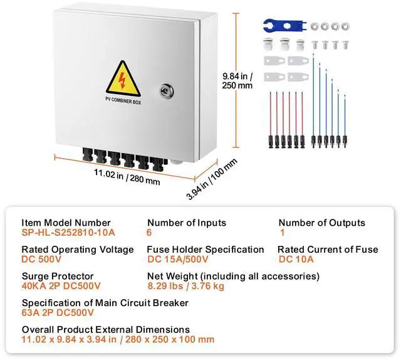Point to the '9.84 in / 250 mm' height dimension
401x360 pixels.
[237, 81]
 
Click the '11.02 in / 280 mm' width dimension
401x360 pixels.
[127, 177]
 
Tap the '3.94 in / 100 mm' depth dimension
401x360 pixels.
[213, 180]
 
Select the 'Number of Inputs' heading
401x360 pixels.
[187, 223]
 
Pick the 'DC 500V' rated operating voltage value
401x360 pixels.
[41, 258]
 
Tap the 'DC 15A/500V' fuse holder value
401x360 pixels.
[179, 258]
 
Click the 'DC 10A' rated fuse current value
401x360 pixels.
[296, 258]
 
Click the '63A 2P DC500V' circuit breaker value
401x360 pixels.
[58, 312]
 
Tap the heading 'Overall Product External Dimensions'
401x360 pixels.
[106, 330]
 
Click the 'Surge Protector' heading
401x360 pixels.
[58, 276]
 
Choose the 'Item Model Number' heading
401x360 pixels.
[66, 223]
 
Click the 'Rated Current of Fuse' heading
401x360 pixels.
[328, 250]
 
